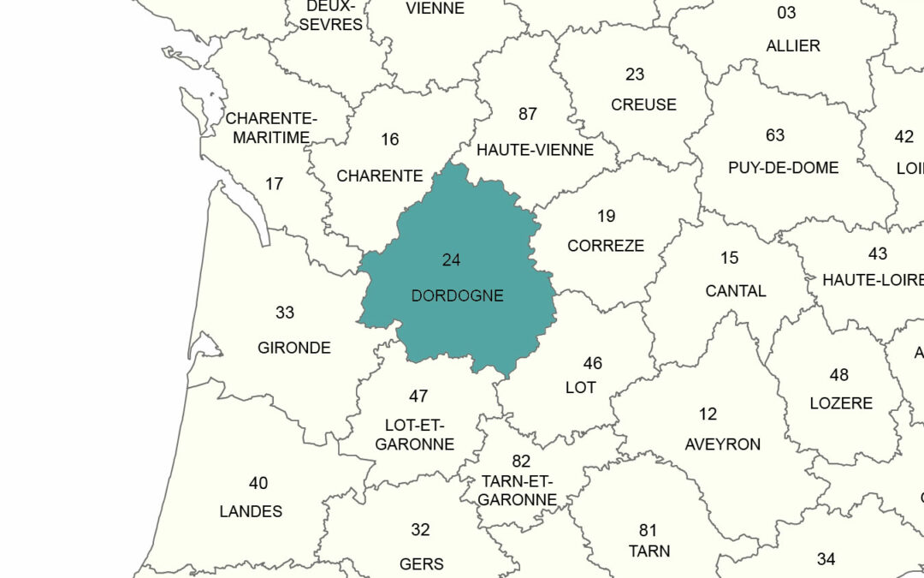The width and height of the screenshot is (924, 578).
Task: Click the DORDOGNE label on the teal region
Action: coord(457,296)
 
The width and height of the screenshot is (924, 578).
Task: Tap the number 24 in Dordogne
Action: coord(451,260)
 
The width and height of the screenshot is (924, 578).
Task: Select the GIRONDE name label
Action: coord(293,349)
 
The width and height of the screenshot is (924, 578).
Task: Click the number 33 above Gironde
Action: coord(285,313)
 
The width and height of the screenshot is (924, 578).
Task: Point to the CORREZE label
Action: coord(606,246)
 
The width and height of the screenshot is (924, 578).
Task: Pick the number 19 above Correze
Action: coord(606,216)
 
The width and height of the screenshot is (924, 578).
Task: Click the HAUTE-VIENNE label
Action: coord(535,150)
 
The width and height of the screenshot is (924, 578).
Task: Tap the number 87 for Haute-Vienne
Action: coord(528,114)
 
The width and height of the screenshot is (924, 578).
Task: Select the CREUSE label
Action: coord(643,104)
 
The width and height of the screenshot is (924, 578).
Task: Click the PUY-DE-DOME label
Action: coord(783,168)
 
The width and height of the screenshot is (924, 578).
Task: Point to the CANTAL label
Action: coord(736,291)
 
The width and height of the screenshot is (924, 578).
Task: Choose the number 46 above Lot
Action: coord(592,363)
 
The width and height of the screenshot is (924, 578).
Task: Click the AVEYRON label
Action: coord(722,444)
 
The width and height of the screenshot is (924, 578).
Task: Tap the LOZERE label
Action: coord(841,403)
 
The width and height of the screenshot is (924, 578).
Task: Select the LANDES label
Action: coord(251,511)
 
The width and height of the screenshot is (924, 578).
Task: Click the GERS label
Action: coord(422,563)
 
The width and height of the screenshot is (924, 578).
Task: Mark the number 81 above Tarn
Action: coord(648,531)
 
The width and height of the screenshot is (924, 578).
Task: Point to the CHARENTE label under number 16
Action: coord(380,176)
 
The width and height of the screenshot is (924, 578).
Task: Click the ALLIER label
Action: coord(793,45)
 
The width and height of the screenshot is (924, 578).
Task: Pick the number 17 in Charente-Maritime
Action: coord(274,183)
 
